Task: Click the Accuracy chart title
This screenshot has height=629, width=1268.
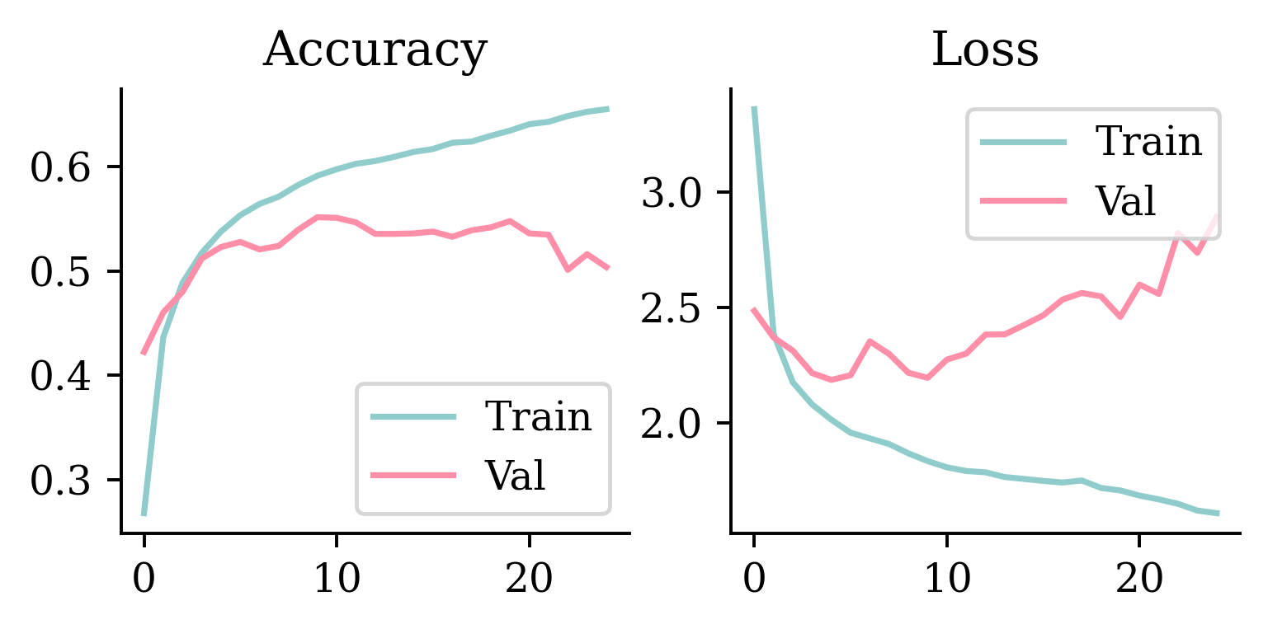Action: tap(375, 51)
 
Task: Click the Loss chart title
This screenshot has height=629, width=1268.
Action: tap(984, 51)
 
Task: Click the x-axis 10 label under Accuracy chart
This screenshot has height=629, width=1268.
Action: tap(337, 580)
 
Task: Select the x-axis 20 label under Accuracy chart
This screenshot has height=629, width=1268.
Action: tap(529, 580)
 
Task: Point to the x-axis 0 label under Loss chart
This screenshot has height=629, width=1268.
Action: tap(754, 580)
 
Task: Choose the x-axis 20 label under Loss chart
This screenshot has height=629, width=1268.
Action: tap(1138, 580)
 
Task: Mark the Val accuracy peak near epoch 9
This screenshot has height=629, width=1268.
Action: tap(318, 217)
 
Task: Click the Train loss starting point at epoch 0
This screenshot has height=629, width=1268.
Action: tap(754, 108)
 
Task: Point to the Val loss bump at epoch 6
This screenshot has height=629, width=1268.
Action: tap(870, 340)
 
